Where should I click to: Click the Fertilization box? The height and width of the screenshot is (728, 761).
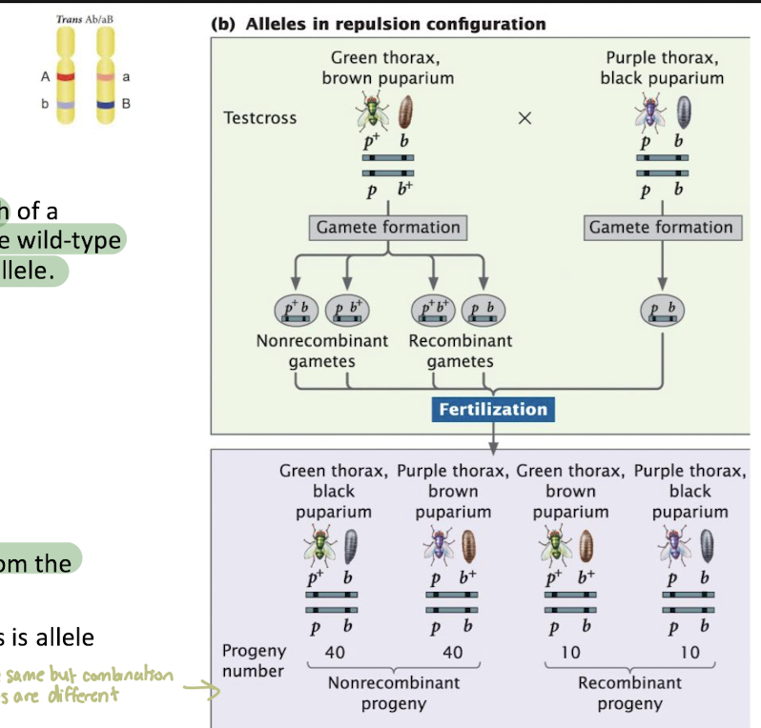click(x=493, y=410)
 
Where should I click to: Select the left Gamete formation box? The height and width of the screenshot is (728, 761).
click(x=387, y=228)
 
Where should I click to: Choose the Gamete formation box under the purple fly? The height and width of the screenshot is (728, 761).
click(x=661, y=228)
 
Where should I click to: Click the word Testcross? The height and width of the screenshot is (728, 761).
click(x=259, y=118)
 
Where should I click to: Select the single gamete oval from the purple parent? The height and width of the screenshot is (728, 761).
click(x=661, y=310)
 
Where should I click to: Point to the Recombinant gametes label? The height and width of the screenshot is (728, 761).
click(x=460, y=351)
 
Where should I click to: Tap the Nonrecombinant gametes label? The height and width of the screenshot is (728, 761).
click(x=321, y=351)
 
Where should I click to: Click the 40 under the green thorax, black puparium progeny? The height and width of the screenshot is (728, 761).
click(x=334, y=653)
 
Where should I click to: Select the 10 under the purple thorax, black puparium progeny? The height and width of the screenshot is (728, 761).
click(x=689, y=653)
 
